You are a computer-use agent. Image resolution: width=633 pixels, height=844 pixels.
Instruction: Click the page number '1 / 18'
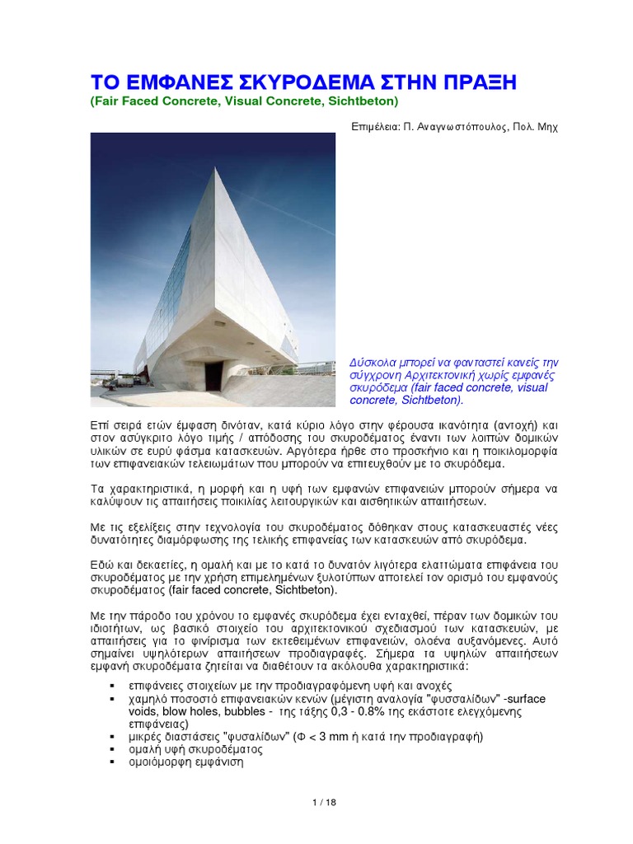tap(316, 802)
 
